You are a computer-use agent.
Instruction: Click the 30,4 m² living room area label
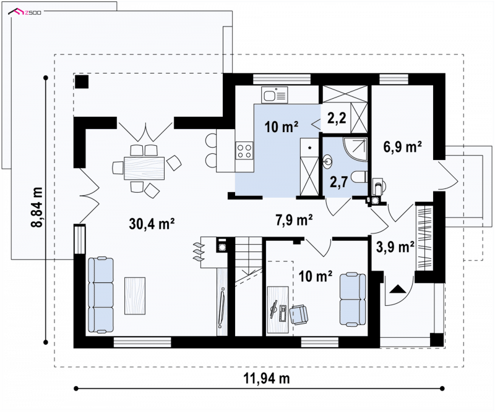click(x=152, y=224)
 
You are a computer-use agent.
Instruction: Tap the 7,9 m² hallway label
click(x=295, y=220)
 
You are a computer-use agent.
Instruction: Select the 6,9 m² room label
click(x=403, y=147)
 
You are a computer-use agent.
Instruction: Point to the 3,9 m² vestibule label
click(x=395, y=247)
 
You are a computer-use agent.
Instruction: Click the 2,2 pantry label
click(x=337, y=118)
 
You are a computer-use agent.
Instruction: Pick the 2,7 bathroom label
click(x=338, y=182)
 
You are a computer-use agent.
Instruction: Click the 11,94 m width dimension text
click(x=267, y=378)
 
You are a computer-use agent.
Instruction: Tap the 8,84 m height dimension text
click(x=37, y=207)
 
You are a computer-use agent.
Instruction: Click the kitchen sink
click(x=274, y=95)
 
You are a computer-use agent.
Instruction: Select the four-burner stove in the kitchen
click(x=244, y=150)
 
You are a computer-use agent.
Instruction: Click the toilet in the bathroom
click(x=360, y=177)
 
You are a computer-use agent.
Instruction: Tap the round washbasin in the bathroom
click(x=327, y=161)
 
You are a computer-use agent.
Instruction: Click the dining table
click(x=144, y=168)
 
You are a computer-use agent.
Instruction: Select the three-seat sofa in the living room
click(x=101, y=295)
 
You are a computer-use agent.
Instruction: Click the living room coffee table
click(x=135, y=296)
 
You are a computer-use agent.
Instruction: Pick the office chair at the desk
click(x=299, y=314)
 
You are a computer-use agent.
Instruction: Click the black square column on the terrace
click(x=82, y=82)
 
